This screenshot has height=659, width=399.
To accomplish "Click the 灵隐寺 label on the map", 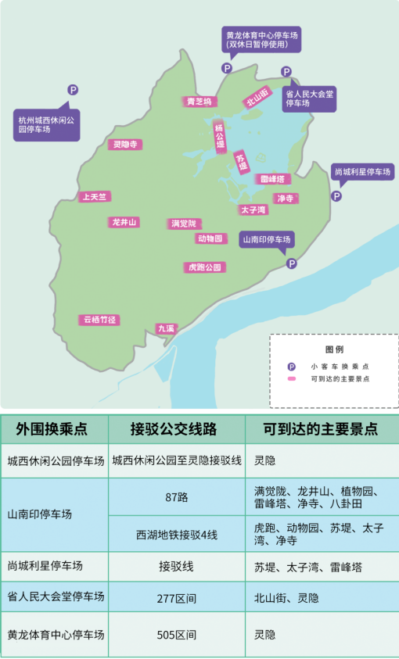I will point(125,145).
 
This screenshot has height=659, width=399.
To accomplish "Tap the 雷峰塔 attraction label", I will point(273,179).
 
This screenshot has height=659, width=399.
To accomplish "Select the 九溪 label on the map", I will point(166,329).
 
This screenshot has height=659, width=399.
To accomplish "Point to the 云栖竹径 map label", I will point(99,320).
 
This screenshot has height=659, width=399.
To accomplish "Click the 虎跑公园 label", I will point(205,267).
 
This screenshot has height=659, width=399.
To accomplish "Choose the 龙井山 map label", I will point(124,222).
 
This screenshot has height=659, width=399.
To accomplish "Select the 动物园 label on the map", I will point(211,238).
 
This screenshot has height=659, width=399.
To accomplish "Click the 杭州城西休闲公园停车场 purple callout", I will point(47,124).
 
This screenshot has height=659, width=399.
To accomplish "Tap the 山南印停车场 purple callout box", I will point(267,239).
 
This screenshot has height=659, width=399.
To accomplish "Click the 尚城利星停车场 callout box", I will point(362,172).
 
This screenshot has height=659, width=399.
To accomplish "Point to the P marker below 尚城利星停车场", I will point(336,196).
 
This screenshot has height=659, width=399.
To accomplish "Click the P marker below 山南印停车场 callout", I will point(291,263).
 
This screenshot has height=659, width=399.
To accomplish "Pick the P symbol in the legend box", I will point(291,366).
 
